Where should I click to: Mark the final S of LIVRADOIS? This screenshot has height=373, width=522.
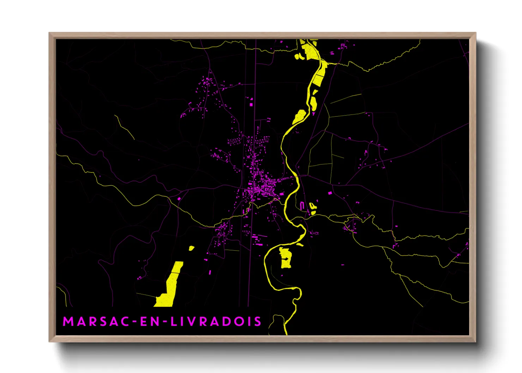coord(258,322)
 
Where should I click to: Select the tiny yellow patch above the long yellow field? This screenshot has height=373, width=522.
coord(191,248)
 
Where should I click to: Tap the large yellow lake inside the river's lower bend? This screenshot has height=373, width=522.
coord(285,258)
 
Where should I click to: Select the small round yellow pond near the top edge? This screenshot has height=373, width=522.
coord(297,56)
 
